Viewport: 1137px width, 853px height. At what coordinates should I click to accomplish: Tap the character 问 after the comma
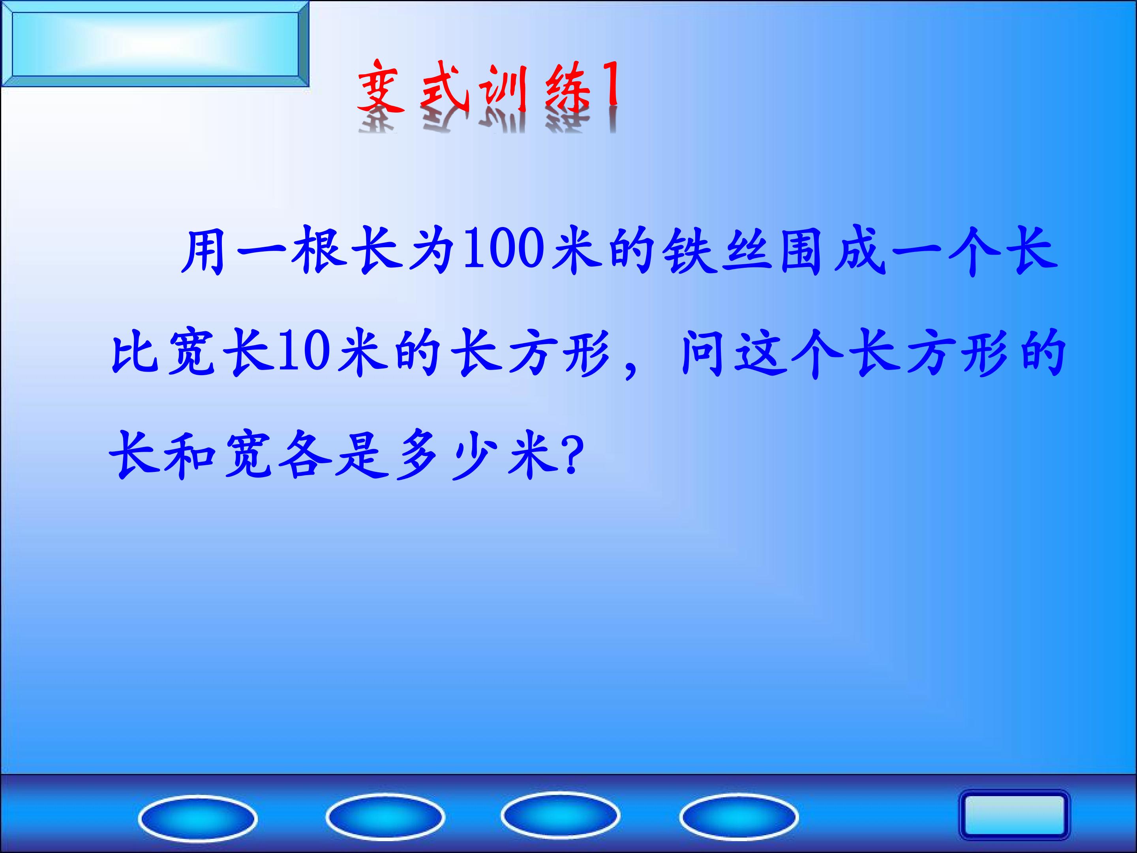coord(702,354)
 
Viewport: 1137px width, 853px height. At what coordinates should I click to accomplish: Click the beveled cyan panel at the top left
coord(154,44)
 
